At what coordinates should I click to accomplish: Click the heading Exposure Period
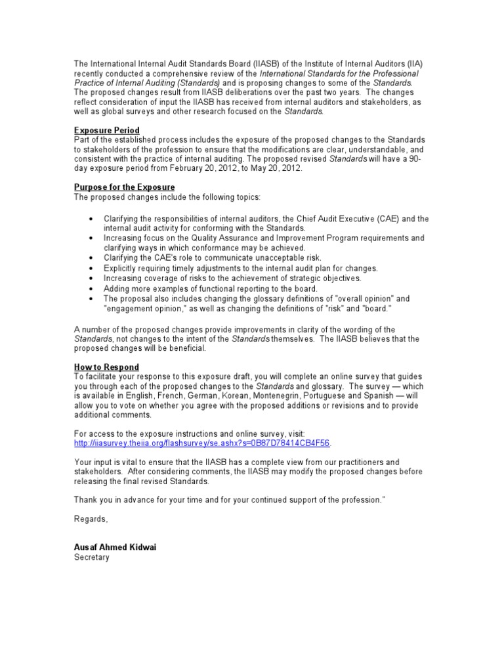click(x=106, y=131)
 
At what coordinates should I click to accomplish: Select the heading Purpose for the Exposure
click(x=119, y=187)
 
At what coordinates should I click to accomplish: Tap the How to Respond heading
click(x=106, y=367)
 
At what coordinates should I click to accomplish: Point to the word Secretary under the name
click(x=91, y=557)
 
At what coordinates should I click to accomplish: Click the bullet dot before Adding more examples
click(x=89, y=288)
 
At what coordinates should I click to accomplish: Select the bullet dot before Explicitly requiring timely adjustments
click(x=89, y=268)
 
